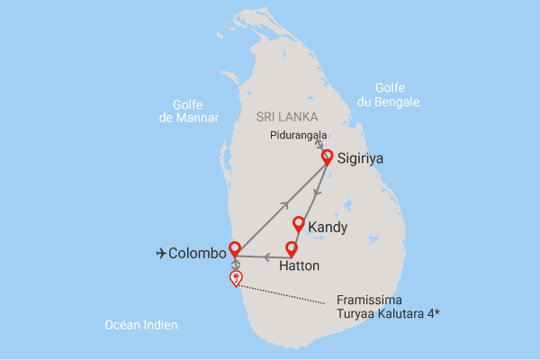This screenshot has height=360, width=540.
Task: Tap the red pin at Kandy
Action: (x=298, y=223)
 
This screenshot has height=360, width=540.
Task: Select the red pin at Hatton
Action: (x=291, y=248)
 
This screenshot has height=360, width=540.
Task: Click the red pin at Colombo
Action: (x=235, y=248)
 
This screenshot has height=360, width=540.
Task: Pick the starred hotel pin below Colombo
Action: (x=236, y=278)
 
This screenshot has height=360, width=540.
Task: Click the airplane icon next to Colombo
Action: (x=161, y=254)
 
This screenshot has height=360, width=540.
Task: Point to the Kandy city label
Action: (x=328, y=228)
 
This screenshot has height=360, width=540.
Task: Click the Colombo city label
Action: (x=197, y=254)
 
